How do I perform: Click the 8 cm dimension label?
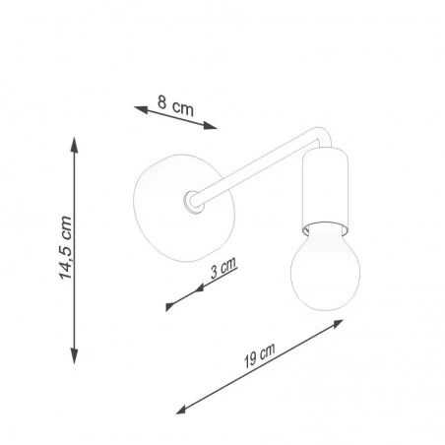175,105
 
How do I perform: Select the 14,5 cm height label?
66,248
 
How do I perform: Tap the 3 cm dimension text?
223,268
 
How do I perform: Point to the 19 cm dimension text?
259,355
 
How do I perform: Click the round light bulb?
325,267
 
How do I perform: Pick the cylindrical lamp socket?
325,190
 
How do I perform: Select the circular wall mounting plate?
184,208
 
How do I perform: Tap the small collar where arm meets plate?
192,201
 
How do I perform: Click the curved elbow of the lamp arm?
322,135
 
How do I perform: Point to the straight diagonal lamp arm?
254,169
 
